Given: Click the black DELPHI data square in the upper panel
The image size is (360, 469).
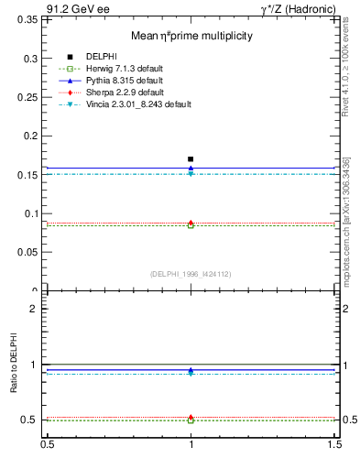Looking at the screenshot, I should coord(191,159).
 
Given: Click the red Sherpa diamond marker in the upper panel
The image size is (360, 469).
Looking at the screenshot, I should coord(191,223).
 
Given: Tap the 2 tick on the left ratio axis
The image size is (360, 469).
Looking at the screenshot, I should coord(36,309).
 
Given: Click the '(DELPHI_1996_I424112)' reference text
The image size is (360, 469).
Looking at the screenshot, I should coord(191,274).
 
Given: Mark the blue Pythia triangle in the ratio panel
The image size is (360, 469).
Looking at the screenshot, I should coord(191,370).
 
